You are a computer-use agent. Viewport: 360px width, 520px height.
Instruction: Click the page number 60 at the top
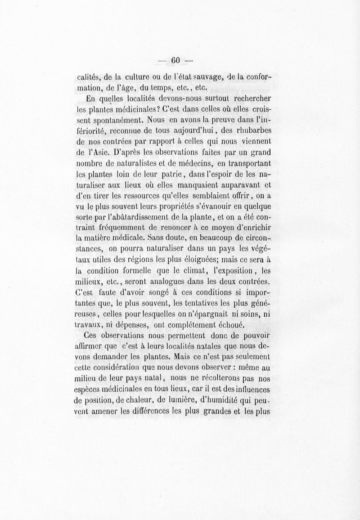tap(175, 60)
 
